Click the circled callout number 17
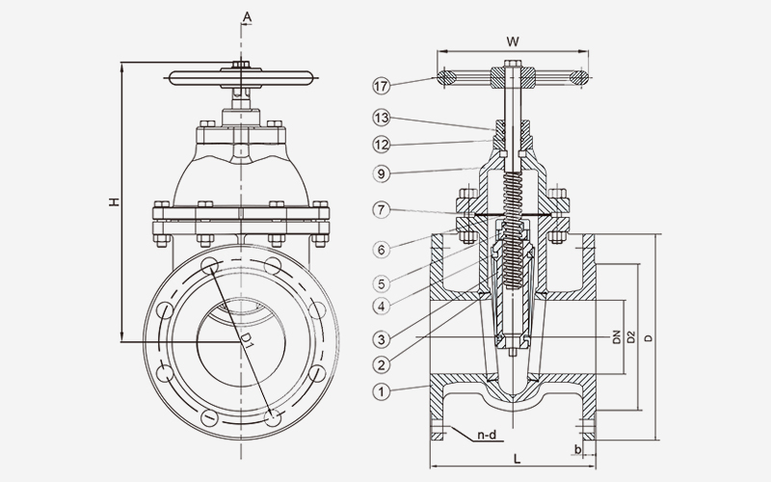[382, 86]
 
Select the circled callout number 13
[382, 119]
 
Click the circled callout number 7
[382, 210]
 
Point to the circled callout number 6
[382, 250]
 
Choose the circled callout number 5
[382, 283]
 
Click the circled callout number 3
[382, 339]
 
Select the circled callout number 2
[382, 364]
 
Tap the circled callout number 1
[382, 391]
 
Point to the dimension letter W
[512, 40]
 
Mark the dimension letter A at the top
[248, 16]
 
